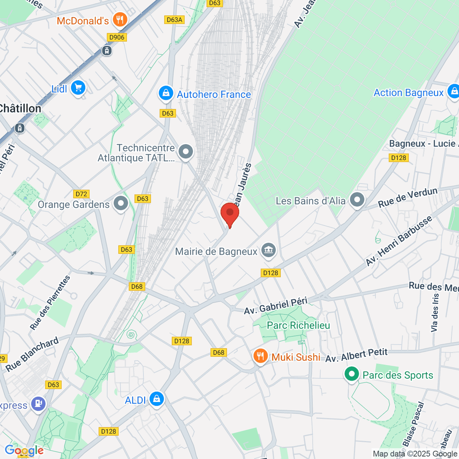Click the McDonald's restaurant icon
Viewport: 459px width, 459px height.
[x=120, y=20]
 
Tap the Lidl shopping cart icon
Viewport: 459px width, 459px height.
[x=78, y=88]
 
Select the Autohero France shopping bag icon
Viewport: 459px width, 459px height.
[x=166, y=93]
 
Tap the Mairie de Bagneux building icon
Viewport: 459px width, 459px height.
[x=269, y=251]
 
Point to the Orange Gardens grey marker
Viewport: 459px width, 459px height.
[x=121, y=203]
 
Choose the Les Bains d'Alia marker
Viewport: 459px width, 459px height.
[x=357, y=200]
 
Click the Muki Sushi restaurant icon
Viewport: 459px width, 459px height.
[x=260, y=356]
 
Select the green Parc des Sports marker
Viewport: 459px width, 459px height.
[x=351, y=374]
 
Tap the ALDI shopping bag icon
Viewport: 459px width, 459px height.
[x=156, y=399]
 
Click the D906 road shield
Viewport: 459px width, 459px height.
[x=117, y=37]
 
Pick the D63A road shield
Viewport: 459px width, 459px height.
[x=174, y=20]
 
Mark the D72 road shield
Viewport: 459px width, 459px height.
[x=81, y=194]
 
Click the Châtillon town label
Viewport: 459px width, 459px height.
[x=20, y=109]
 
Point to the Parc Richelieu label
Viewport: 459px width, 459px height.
[x=298, y=326]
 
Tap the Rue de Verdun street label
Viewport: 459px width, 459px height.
[x=408, y=198]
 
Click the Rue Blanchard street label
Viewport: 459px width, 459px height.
[x=33, y=355]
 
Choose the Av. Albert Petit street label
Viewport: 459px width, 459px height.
[x=356, y=355]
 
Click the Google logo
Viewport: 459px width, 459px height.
[x=24, y=450]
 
